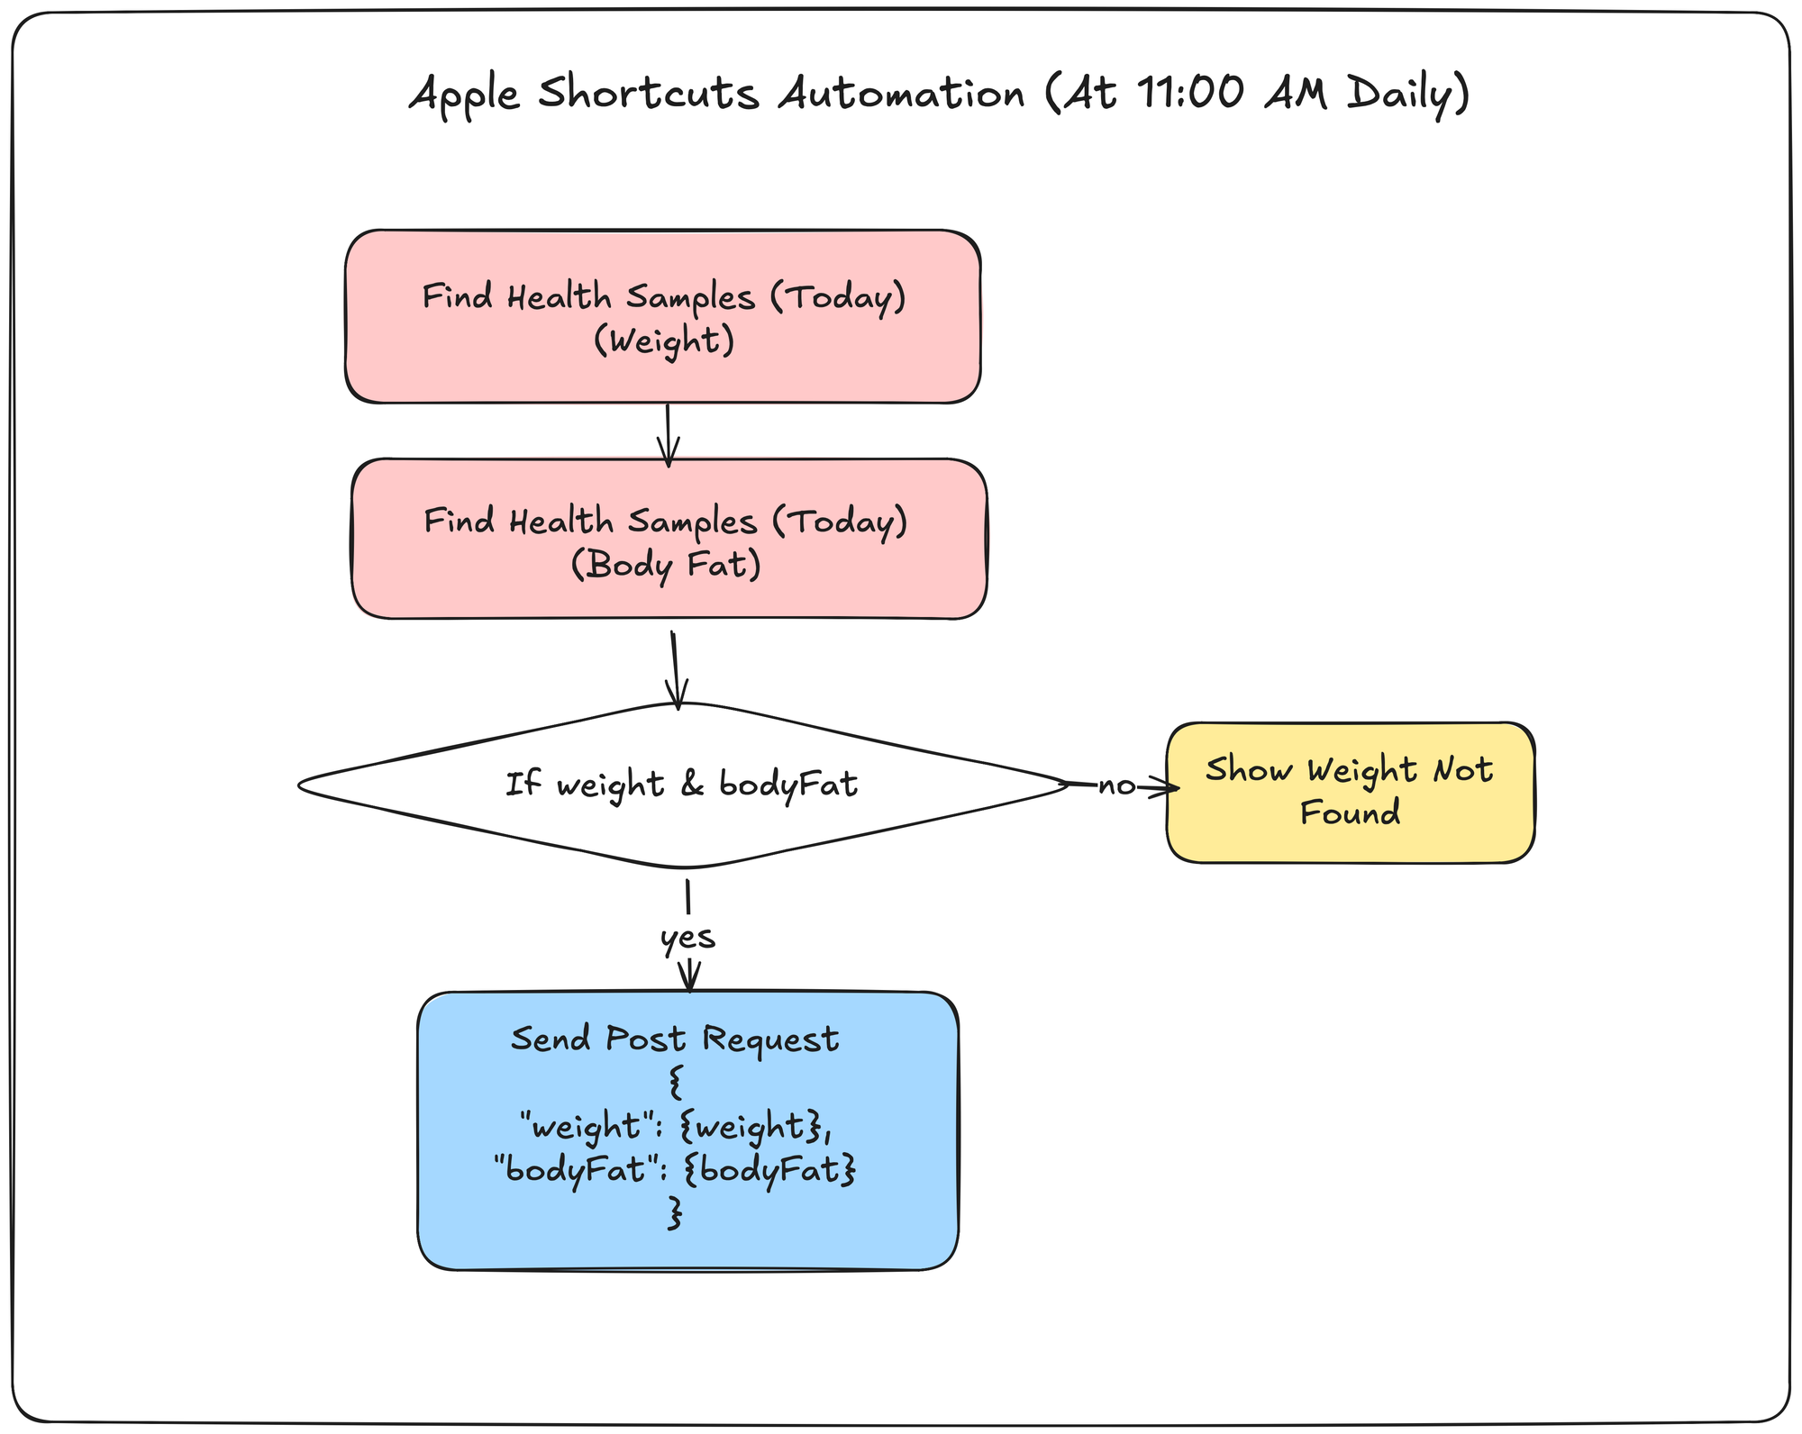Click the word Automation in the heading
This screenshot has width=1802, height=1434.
(x=901, y=93)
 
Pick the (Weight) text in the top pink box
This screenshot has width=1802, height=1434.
(x=664, y=340)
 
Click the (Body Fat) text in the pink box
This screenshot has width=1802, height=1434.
(x=667, y=565)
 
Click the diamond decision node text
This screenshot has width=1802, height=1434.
(x=681, y=785)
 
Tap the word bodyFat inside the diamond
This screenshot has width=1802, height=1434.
(x=788, y=785)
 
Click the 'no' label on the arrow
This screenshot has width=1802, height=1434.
(x=1116, y=786)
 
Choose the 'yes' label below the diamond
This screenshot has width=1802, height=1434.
(x=687, y=938)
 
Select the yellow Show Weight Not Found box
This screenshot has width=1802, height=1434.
(x=1350, y=793)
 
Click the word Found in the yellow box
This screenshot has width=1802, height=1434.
(x=1350, y=813)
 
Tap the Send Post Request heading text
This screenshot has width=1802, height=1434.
(x=675, y=1039)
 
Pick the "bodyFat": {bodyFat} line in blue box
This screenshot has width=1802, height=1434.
(x=675, y=1170)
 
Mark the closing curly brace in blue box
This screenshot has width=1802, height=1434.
(x=675, y=1213)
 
